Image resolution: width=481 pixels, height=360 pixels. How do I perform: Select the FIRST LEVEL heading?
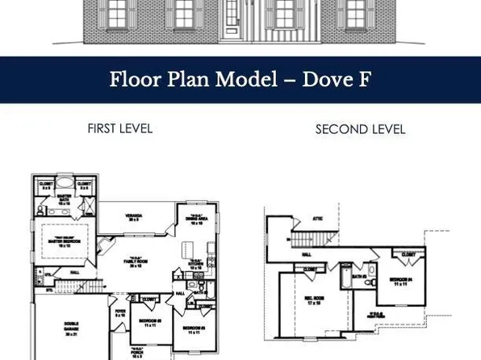coord(119,128)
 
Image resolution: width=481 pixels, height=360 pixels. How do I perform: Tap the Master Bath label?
coord(65,202)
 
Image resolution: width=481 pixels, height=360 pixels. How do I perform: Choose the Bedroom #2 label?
coord(193,329)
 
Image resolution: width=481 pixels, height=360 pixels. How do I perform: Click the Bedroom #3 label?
coord(148,321)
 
